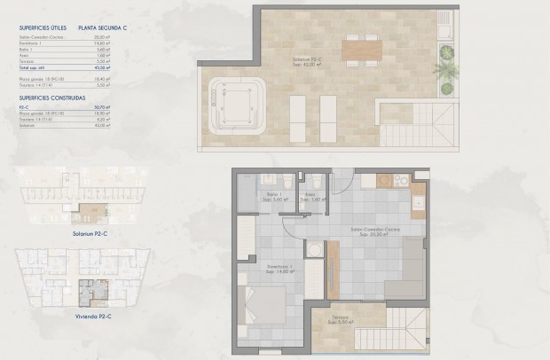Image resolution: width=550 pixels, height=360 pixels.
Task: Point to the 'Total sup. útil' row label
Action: pos(33,67)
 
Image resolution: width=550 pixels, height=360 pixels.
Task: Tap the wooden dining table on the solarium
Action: pos(361,52)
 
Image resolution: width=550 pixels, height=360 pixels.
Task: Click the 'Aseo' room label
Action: pos(310,195)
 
